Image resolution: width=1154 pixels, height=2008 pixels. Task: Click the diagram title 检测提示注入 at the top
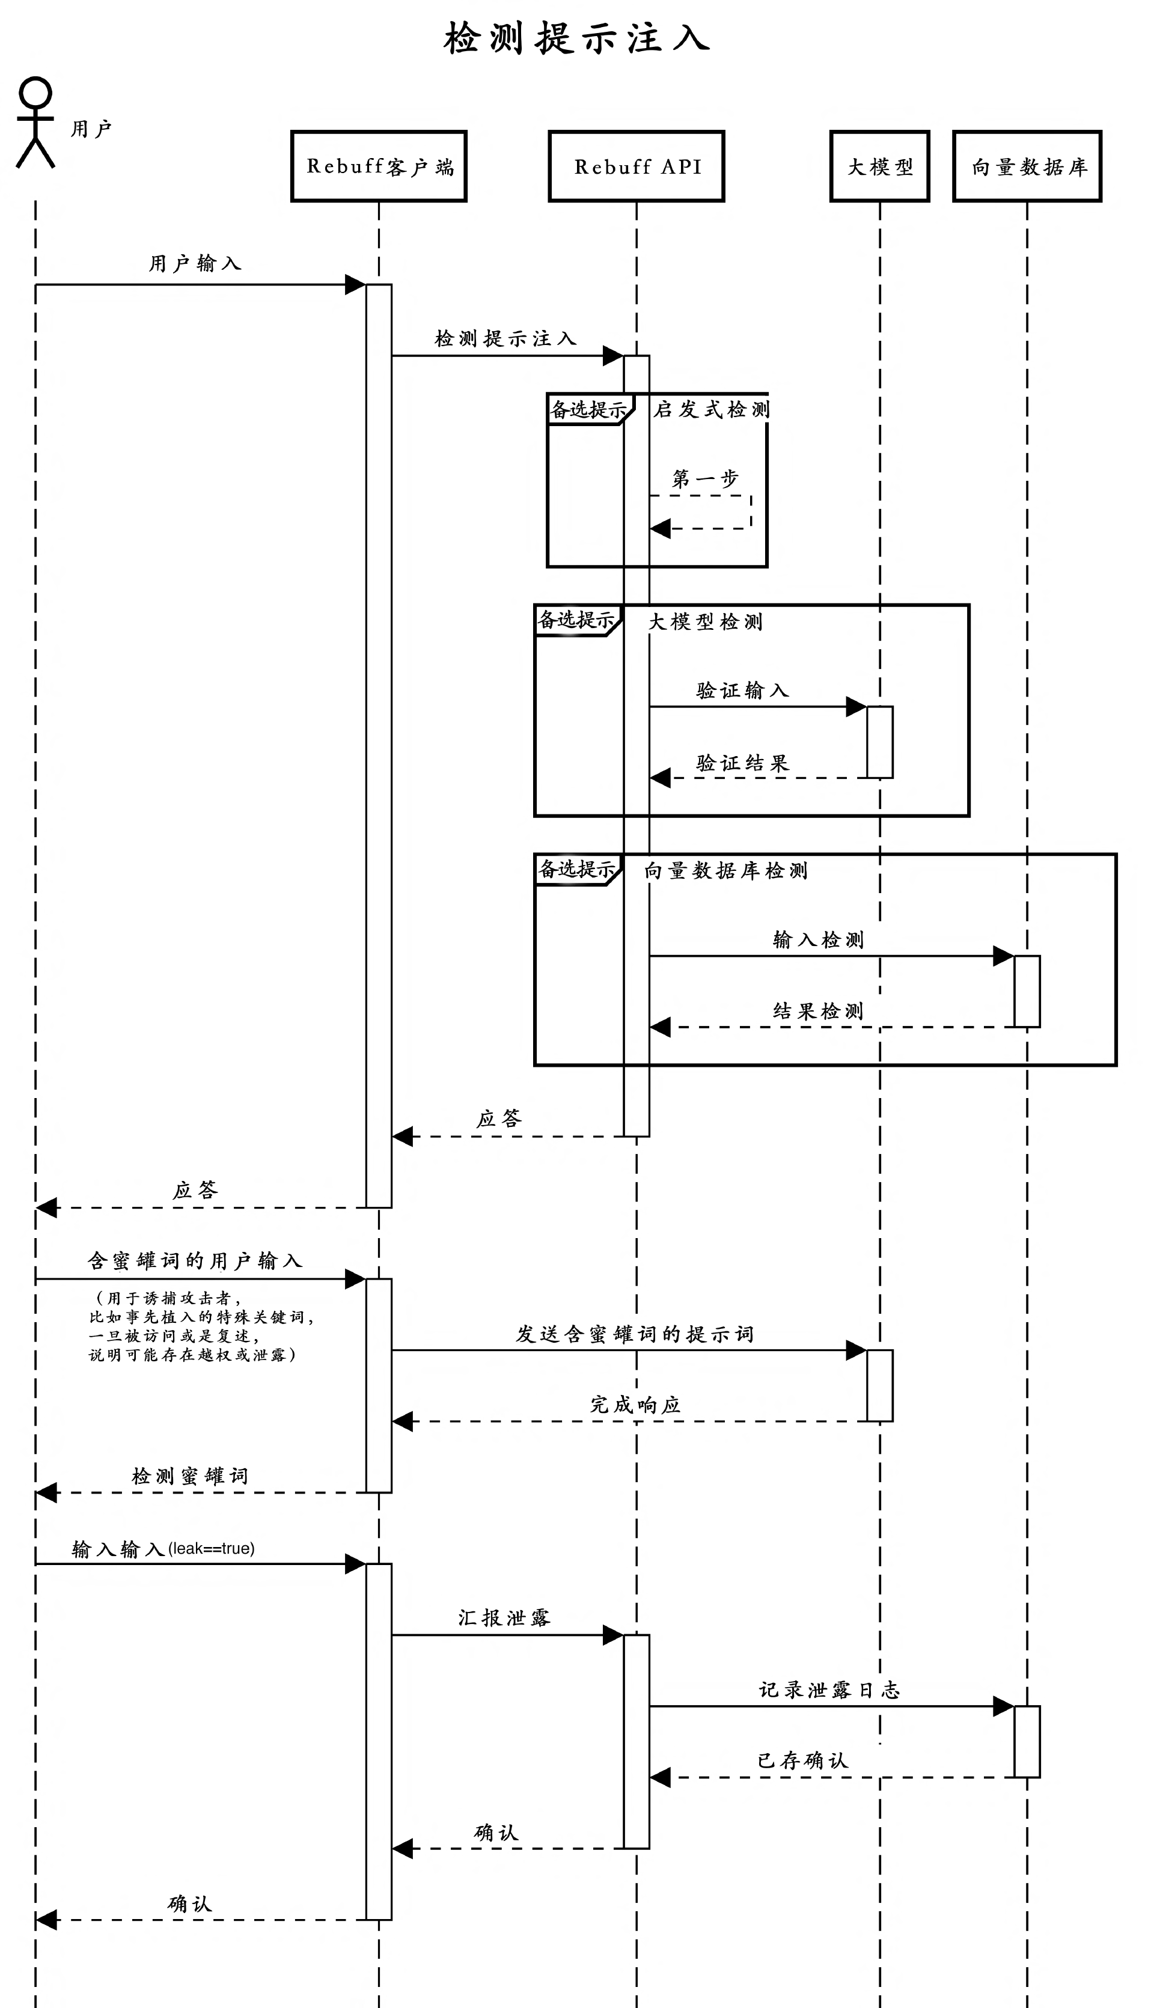(x=576, y=38)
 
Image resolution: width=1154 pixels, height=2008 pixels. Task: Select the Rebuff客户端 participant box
(x=379, y=166)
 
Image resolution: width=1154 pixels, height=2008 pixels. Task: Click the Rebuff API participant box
(x=637, y=166)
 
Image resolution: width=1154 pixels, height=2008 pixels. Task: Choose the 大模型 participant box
(x=880, y=166)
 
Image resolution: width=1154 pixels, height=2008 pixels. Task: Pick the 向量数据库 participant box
(x=1027, y=166)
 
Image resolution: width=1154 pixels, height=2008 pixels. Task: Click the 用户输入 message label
(x=195, y=263)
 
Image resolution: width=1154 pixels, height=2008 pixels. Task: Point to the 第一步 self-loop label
(x=704, y=478)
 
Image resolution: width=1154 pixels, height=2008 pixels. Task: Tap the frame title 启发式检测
(x=711, y=410)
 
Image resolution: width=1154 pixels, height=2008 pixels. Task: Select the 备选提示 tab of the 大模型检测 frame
(x=576, y=620)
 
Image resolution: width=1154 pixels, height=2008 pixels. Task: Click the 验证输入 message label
(x=742, y=690)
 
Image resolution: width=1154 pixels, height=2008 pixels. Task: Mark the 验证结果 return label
(x=742, y=763)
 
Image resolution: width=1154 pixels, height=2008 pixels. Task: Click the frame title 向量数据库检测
(x=725, y=870)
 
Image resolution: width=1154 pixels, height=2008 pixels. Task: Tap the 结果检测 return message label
(x=817, y=1011)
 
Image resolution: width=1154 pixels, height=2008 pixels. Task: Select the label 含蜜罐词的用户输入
(x=195, y=1260)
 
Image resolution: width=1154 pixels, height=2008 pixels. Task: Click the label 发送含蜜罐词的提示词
(x=634, y=1334)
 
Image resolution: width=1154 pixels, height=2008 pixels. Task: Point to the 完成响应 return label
(x=635, y=1405)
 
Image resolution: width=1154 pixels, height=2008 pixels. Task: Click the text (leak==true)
(x=211, y=1548)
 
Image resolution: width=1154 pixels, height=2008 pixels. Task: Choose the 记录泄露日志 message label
(x=829, y=1689)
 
